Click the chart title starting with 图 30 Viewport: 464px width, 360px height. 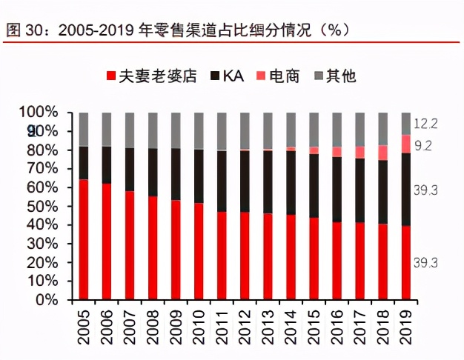(x=178, y=30)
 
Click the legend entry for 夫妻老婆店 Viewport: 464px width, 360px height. (x=152, y=76)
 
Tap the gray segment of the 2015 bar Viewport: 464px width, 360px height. (x=314, y=129)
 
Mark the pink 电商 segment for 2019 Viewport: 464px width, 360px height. (x=406, y=144)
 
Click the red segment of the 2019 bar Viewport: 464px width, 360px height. (x=406, y=263)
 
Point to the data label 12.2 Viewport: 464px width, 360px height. (x=426, y=122)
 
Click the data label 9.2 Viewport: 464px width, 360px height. (x=423, y=146)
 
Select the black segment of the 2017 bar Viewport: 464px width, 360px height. (x=360, y=190)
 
